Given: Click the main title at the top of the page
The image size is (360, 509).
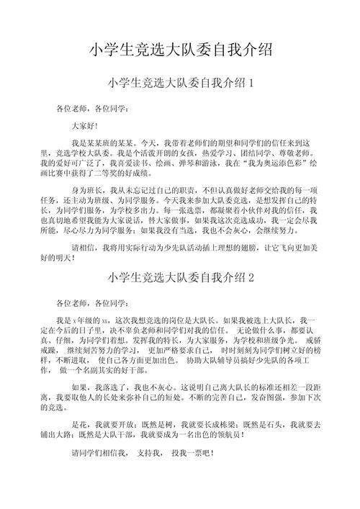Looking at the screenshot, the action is tap(180, 50).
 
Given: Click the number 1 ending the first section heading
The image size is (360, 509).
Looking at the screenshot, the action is tap(251, 84).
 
